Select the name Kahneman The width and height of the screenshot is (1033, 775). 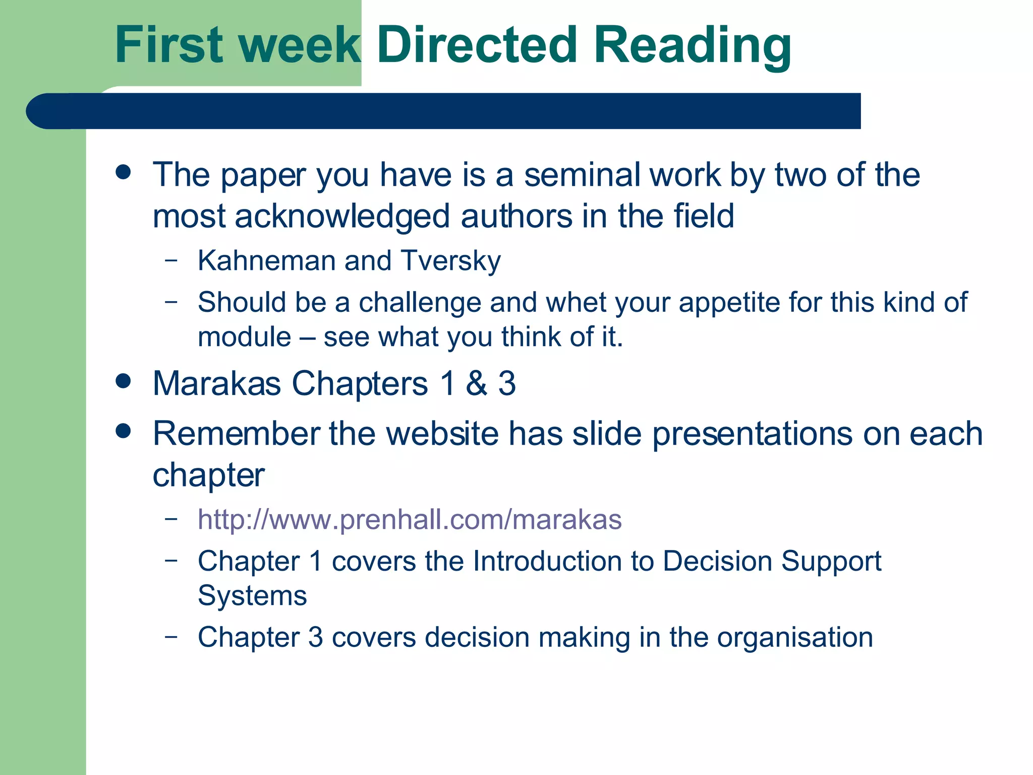[x=266, y=261]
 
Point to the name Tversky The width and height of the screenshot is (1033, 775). [x=451, y=261]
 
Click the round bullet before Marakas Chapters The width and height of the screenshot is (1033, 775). [x=123, y=381]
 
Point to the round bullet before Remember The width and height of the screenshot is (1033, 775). [x=123, y=431]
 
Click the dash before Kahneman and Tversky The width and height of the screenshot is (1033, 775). [x=171, y=260]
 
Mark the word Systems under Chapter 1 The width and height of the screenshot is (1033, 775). [x=252, y=596]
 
